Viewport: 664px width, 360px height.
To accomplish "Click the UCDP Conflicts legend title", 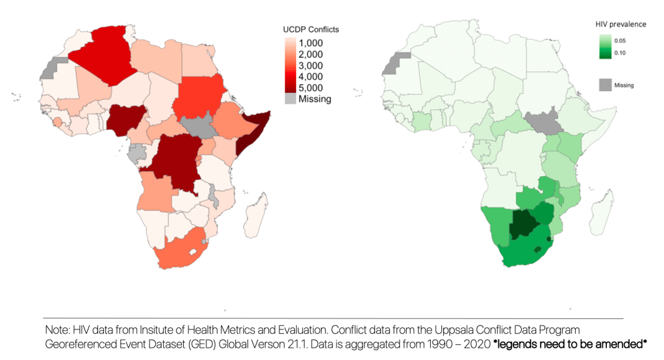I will click(311, 30).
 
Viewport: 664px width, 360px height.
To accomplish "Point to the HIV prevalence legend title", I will click(620, 24).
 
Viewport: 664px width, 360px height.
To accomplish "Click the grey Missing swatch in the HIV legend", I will click(605, 84).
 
